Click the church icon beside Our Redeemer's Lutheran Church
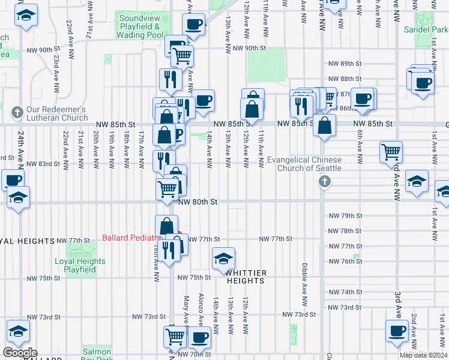pos(17,112)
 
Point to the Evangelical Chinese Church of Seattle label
pos(304,164)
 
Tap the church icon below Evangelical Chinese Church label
pos(324,181)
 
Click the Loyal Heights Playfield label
pos(80,265)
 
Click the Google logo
pos(19,353)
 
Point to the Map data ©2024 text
pos(423,355)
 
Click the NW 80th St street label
pos(197,202)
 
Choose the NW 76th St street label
pos(345,261)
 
